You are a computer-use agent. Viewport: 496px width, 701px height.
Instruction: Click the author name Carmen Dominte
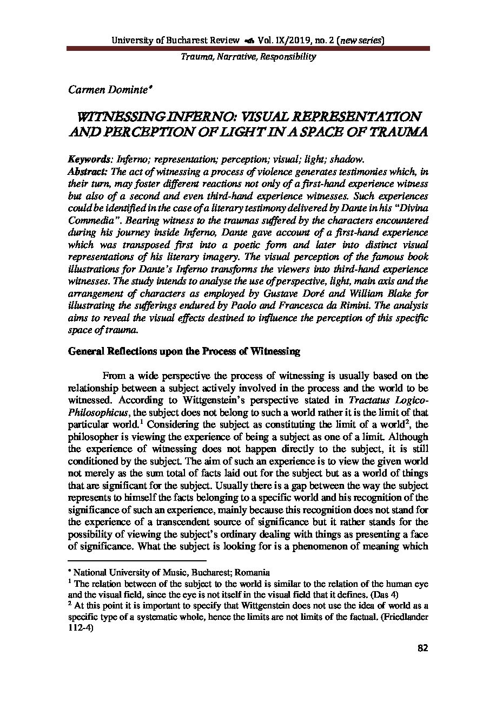click(101, 90)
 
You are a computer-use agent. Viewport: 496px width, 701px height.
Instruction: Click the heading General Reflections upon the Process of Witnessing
click(184, 351)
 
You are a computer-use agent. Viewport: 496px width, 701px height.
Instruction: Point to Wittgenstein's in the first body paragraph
click(214, 400)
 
